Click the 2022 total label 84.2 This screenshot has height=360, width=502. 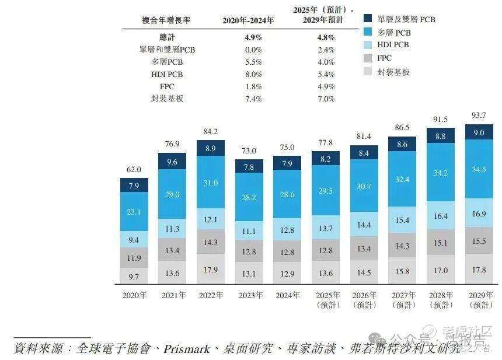click(x=211, y=131)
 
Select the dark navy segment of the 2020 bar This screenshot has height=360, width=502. click(x=134, y=186)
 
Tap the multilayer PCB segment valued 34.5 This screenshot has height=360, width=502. click(x=478, y=169)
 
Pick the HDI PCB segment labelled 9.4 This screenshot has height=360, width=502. click(x=134, y=239)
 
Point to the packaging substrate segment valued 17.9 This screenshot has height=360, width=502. click(x=211, y=270)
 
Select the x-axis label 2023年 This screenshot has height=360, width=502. click(x=249, y=295)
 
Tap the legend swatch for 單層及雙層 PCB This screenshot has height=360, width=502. click(x=368, y=19)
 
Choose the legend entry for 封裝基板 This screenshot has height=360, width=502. click(x=393, y=72)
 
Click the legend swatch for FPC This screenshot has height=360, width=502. click(x=368, y=58)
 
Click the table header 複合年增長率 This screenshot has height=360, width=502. click(x=166, y=20)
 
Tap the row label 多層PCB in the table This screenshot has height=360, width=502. click(x=167, y=62)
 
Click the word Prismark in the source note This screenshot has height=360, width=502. click(x=185, y=348)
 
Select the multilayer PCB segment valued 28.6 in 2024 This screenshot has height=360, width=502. click(x=287, y=194)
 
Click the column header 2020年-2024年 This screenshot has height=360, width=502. click(x=248, y=20)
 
